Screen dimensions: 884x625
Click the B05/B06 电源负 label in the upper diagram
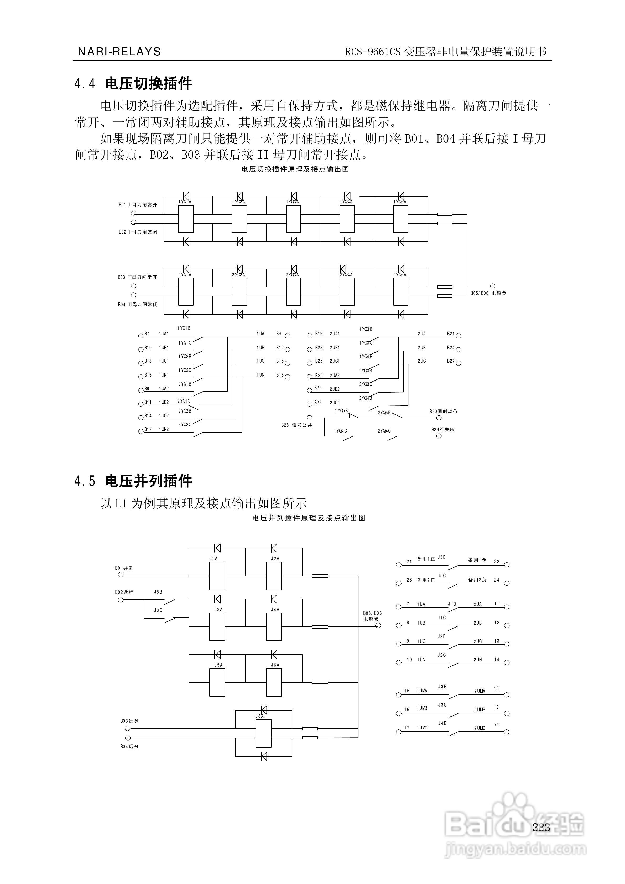pyautogui.click(x=488, y=293)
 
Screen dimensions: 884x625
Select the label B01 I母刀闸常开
pyautogui.click(x=138, y=205)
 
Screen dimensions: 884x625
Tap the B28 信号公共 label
pyautogui.click(x=296, y=425)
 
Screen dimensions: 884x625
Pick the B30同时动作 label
pyautogui.click(x=443, y=412)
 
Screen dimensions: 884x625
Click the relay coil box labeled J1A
pyautogui.click(x=217, y=575)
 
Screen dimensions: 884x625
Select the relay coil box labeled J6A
pyautogui.click(x=274, y=682)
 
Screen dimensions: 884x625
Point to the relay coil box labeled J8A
pyautogui.click(x=264, y=733)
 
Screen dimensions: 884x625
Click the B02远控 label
pyautogui.click(x=124, y=592)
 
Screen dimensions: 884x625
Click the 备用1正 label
pyautogui.click(x=426, y=559)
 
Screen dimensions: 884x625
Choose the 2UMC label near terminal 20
pyautogui.click(x=480, y=728)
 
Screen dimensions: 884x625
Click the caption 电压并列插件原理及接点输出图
pyautogui.click(x=309, y=518)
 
